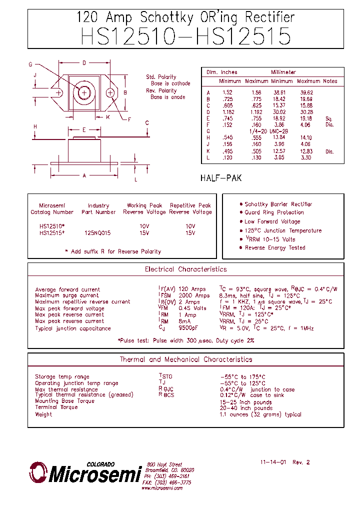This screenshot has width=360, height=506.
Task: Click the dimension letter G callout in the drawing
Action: pyautogui.click(x=30, y=64)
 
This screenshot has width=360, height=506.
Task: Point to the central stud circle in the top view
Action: pyautogui.click(x=84, y=92)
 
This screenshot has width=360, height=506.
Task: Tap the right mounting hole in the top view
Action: pyautogui.click(x=110, y=92)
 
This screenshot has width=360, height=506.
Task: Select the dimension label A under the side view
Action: pyautogui.click(x=84, y=175)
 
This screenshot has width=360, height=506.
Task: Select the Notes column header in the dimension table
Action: pyautogui.click(x=330, y=81)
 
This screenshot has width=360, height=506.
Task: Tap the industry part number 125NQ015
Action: pyautogui.click(x=97, y=233)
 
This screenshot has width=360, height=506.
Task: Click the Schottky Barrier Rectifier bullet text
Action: pyautogui.click(x=278, y=204)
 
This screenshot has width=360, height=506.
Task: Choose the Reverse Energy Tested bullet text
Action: pyautogui.click(x=274, y=247)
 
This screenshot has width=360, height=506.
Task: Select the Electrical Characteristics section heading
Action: pyautogui.click(x=185, y=269)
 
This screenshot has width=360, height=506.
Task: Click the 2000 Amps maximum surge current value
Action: pyautogui.click(x=194, y=295)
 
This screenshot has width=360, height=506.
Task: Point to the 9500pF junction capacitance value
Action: pyautogui.click(x=188, y=328)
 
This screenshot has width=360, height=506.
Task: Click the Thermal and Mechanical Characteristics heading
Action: pyautogui.click(x=185, y=359)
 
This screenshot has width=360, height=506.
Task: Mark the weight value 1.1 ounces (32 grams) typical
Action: pyautogui.click(x=260, y=414)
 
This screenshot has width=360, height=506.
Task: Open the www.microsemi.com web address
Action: pyautogui.click(x=161, y=488)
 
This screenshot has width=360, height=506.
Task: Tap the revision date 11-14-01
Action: pyautogui.click(x=273, y=462)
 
